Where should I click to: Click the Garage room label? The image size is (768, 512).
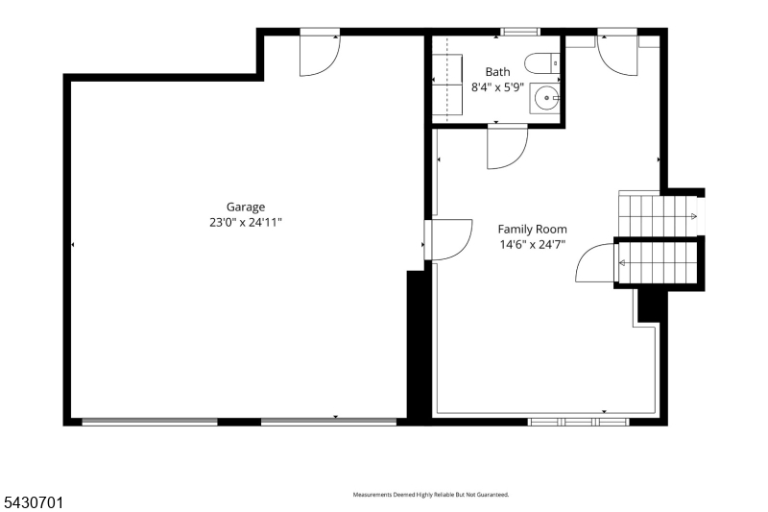pos(246,207)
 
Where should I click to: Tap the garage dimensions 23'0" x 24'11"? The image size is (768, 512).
pos(246,223)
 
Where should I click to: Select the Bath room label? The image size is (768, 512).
pos(497,71)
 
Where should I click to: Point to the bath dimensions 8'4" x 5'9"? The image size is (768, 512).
pos(497,87)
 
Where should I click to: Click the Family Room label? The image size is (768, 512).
pos(533,229)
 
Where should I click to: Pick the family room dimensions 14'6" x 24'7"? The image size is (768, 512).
pos(533,244)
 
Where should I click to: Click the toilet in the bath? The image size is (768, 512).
pos(542,63)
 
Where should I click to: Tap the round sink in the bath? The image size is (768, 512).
pos(546,98)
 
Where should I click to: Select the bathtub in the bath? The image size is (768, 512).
pos(447,85)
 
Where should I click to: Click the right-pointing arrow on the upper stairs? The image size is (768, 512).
pos(693,216)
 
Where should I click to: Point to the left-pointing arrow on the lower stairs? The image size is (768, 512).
pos(622,263)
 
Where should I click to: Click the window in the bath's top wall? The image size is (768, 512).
pos(520,32)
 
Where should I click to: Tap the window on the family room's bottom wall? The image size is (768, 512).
pos(579,422)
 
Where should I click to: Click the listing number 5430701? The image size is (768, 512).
pos(34,502)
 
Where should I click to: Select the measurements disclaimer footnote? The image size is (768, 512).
pos(431,495)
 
